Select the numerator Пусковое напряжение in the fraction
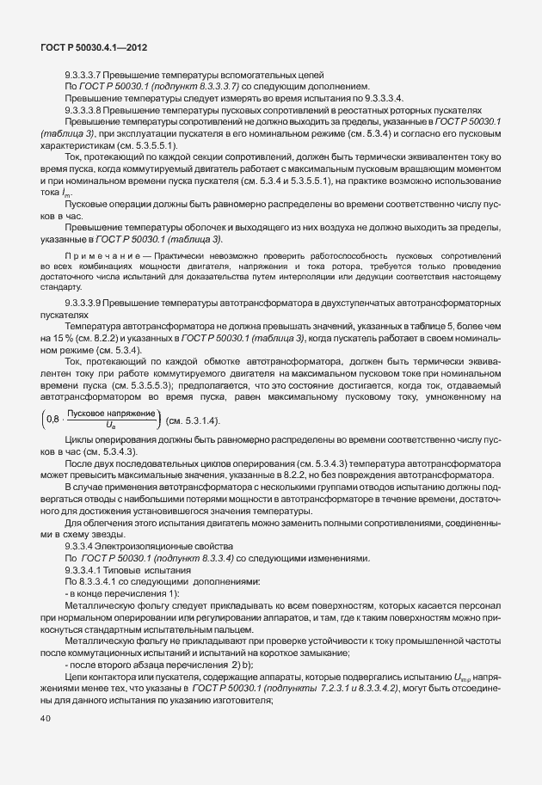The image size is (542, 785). tap(111, 414)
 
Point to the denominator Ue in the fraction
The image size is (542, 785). tap(111, 426)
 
